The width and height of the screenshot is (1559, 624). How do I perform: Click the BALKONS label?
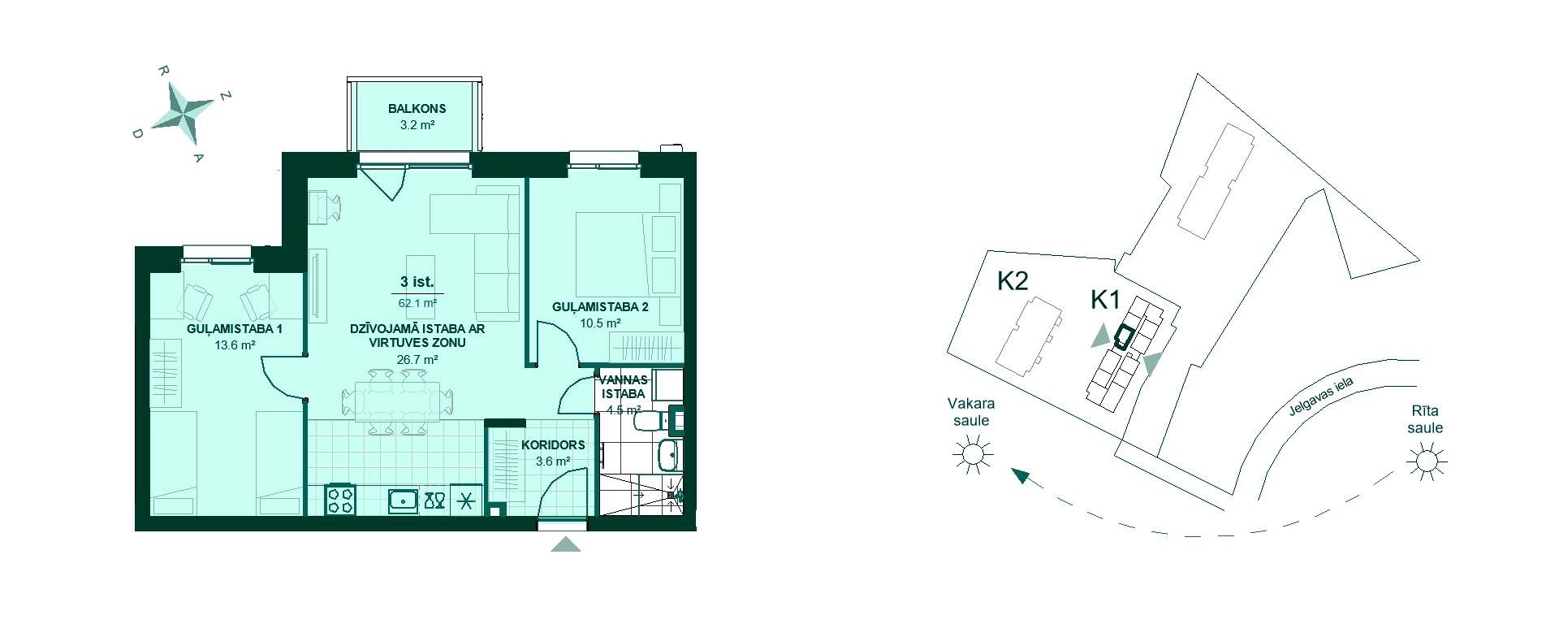coord(417,108)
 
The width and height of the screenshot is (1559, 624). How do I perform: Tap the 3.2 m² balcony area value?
coord(417,125)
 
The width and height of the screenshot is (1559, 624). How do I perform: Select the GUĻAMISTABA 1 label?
coord(235,329)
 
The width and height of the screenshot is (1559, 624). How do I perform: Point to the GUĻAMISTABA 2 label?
coord(600,307)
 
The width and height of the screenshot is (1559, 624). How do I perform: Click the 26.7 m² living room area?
coord(417,359)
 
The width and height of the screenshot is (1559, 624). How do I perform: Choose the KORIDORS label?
coord(553,445)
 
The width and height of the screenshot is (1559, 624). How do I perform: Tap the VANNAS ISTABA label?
coord(624,387)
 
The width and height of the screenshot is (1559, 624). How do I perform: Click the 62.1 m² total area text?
coord(417,303)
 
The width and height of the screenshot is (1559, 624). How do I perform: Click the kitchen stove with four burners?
coord(340,500)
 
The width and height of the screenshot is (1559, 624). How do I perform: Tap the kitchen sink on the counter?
coord(403,500)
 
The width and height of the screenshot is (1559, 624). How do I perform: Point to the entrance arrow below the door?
coord(566,544)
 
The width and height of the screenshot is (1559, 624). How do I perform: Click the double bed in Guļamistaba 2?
coord(626,253)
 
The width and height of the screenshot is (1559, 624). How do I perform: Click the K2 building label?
coord(1013,281)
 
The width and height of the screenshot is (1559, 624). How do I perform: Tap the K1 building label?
coord(1105,300)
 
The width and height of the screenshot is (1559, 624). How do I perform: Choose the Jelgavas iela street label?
coord(1321,397)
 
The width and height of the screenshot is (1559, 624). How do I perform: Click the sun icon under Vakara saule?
coord(973,453)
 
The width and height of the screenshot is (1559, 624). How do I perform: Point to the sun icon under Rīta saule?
coord(1427,461)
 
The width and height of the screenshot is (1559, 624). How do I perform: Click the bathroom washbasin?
coord(669,455)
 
